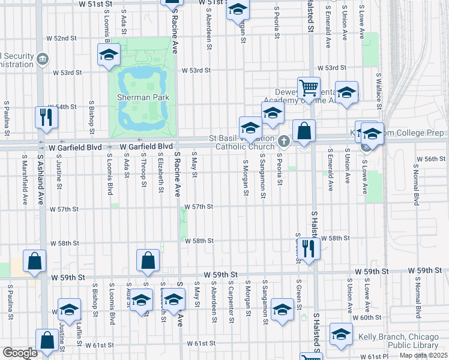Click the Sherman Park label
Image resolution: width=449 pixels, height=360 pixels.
point(143,97)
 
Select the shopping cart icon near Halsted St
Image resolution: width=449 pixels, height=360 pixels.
point(309,88)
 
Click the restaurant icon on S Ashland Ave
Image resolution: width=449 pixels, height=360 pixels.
point(46,117)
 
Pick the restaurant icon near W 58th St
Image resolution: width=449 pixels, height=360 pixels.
point(308,247)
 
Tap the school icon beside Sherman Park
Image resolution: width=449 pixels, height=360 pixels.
point(109,55)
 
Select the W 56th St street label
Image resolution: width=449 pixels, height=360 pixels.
point(430,159)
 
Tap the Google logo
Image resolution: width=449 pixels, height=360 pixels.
point(20,353)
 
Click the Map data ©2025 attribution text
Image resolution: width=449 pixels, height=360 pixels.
point(423,356)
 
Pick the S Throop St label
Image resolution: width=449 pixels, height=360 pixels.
point(144,169)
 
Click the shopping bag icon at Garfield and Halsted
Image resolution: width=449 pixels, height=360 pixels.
point(304,131)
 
